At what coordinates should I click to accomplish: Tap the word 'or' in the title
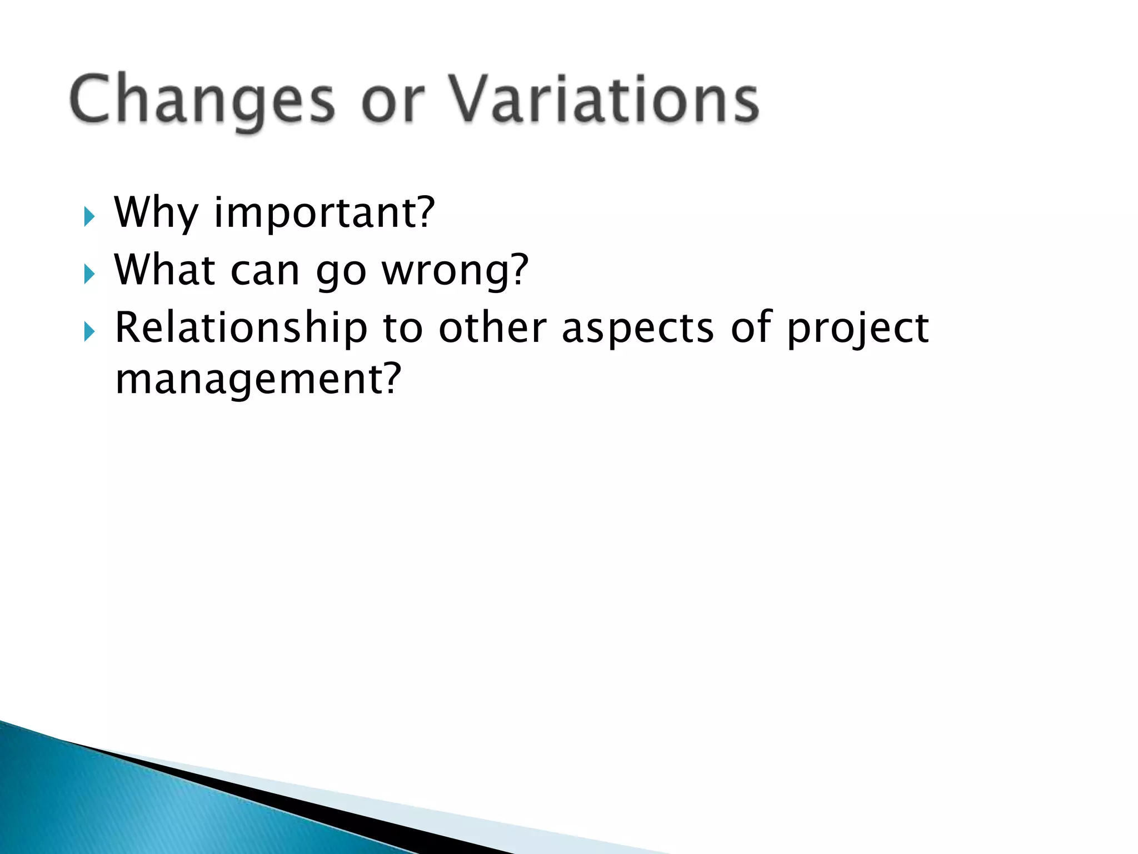[393, 103]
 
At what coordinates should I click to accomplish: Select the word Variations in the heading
[603, 100]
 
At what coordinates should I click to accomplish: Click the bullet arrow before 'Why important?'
[89, 216]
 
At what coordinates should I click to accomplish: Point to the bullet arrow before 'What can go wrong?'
[89, 274]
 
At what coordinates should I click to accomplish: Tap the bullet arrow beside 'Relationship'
[89, 332]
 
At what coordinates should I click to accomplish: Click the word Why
[156, 213]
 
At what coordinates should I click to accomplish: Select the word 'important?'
[325, 213]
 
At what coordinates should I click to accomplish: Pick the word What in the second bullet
[164, 270]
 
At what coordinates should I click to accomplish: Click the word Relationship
[241, 328]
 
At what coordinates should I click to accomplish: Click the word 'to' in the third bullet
[403, 328]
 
